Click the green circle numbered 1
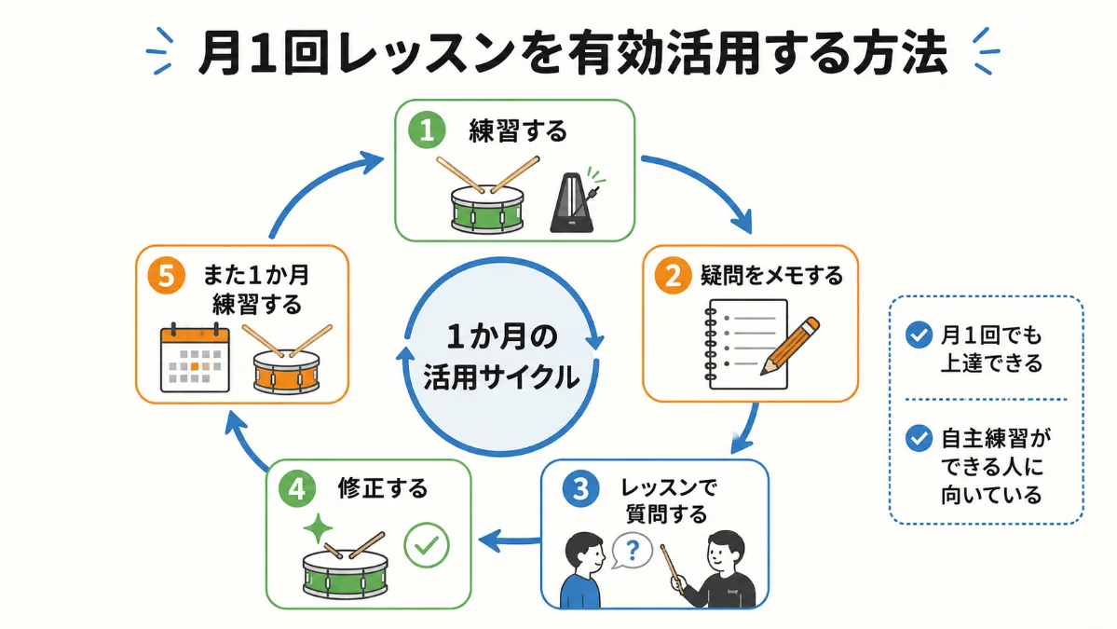coord(427,130)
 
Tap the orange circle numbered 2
coord(674,275)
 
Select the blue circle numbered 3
coord(580,488)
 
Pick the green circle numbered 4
coord(297,488)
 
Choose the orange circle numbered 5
coord(166,275)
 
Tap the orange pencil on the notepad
coord(790,347)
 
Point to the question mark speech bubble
coord(632,551)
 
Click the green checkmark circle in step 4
coord(427,545)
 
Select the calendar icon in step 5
coord(196,359)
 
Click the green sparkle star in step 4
coord(318,528)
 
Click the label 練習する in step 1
coord(518,131)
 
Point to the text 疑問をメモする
coord(771,275)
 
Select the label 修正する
coord(383,488)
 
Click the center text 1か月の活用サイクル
coord(501,357)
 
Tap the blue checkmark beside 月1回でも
coord(919,335)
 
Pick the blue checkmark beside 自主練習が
coord(919,438)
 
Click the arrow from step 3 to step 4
coord(511,541)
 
